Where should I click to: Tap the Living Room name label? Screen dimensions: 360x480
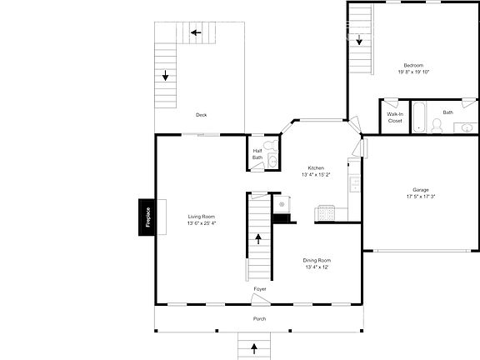pyautogui.click(x=202, y=216)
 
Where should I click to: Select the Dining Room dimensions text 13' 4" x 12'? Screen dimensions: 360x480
pyautogui.click(x=317, y=267)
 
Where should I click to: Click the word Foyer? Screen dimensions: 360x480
pyautogui.click(x=260, y=288)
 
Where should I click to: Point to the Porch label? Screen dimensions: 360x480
pyautogui.click(x=260, y=319)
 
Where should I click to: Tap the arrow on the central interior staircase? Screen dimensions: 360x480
pyautogui.click(x=258, y=238)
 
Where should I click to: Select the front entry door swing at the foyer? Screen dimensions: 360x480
pyautogui.click(x=259, y=299)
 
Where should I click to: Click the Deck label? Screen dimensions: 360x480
pyautogui.click(x=201, y=115)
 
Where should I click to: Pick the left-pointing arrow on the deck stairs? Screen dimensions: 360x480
pyautogui.click(x=196, y=33)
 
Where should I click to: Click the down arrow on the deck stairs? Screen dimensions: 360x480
pyautogui.click(x=166, y=77)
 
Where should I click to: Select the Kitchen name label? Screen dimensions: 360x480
pyautogui.click(x=316, y=167)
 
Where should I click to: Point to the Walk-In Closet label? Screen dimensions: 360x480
pyautogui.click(x=395, y=117)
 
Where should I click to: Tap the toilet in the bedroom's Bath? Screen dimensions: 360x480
pyautogui.click(x=436, y=126)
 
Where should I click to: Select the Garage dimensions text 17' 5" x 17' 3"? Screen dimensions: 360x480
pyautogui.click(x=421, y=197)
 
